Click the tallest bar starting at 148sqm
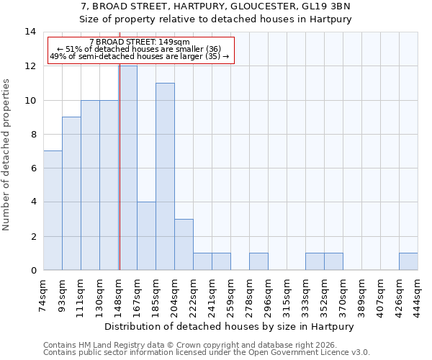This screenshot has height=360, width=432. tap(128, 168)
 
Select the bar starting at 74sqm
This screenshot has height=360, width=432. tap(53, 210)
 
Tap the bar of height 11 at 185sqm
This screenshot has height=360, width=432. tap(165, 176)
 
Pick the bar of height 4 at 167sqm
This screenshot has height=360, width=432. tap(146, 236)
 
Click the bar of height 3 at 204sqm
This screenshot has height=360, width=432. tap(184, 245)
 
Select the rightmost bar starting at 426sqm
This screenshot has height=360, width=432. tap(408, 261)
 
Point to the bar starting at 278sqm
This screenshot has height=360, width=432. tap(258, 261)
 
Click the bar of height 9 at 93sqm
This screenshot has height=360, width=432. tap(71, 194)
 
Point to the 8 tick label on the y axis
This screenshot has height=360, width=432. tap(33, 134)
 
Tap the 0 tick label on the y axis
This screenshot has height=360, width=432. tap(33, 271)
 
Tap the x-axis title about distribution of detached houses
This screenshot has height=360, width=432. tap(230, 326)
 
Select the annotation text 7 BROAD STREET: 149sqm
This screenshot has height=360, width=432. tap(140, 42)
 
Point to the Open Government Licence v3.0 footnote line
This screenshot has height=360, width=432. tap(207, 353)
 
